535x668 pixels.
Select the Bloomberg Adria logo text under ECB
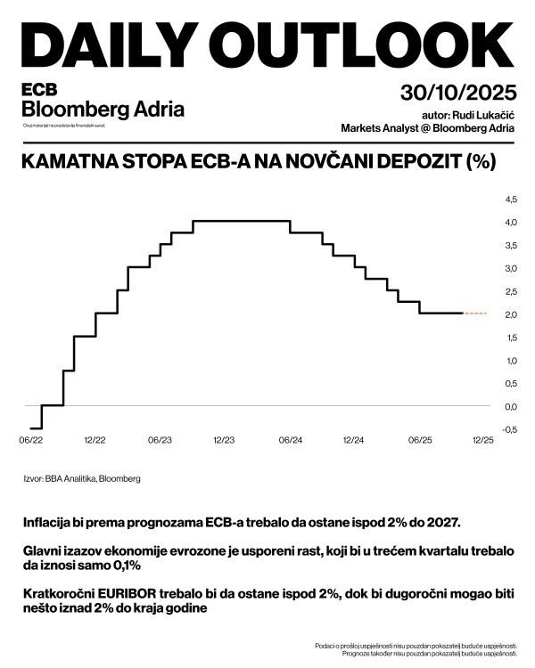pos(103,110)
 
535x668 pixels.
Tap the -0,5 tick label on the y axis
pos(510,430)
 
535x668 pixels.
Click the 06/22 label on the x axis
pos(30,440)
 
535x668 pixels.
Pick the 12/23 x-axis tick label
pos(224,440)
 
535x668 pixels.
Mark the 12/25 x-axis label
pos(482,440)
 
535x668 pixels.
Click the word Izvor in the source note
pos(34,479)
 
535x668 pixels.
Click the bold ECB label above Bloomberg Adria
pos(39,91)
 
